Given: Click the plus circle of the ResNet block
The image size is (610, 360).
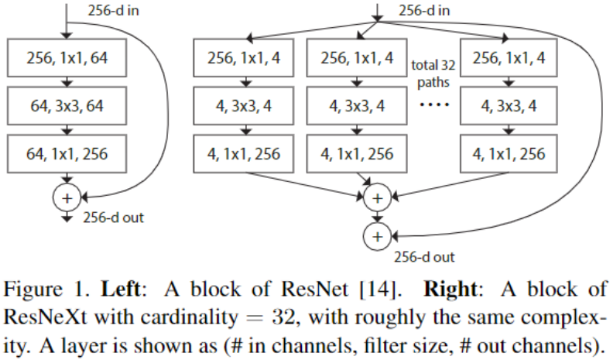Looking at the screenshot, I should [67, 197].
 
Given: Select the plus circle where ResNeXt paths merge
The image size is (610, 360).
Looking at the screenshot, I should [377, 197].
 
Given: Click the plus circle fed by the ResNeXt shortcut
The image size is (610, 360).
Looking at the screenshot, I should [377, 235].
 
